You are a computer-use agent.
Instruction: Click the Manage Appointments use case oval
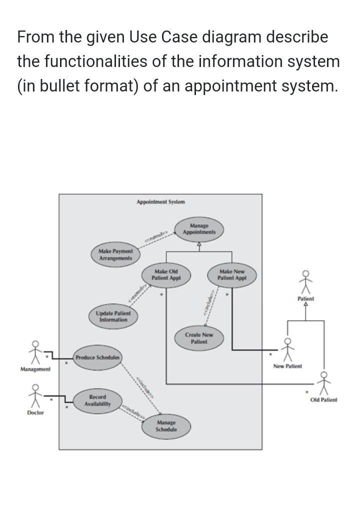coord(199,229)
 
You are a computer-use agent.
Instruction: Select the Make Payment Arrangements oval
coord(115,254)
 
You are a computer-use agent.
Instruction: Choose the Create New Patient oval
coord(198,338)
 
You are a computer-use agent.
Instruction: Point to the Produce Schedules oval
coord(97,357)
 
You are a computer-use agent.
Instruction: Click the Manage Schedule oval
coord(166,426)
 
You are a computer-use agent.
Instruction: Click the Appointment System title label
coord(160,202)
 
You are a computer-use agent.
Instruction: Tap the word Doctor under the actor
coord(35,412)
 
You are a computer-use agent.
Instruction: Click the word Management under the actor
coord(35,369)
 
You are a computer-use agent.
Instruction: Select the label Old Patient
coord(323,400)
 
